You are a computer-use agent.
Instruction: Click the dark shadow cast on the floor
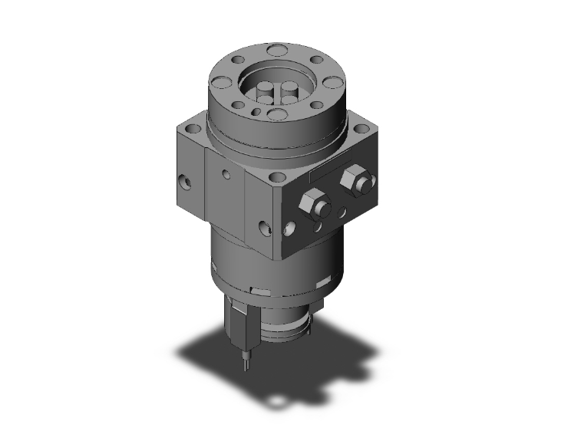click(x=292, y=368)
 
